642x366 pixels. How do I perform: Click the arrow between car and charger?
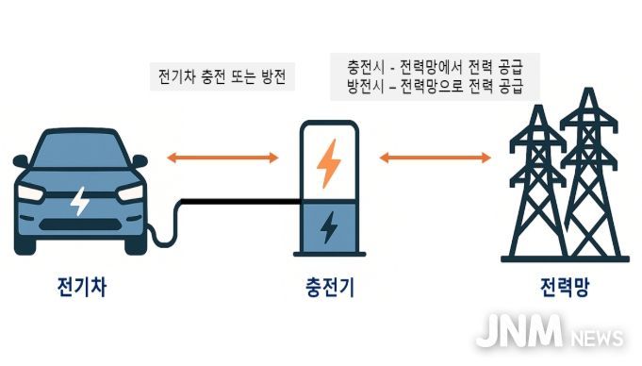[222, 158]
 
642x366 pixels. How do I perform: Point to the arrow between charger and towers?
[436, 158]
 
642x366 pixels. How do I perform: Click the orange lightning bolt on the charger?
[328, 163]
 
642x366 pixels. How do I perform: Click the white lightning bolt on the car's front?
[81, 201]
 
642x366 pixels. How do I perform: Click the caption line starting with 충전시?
[435, 68]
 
